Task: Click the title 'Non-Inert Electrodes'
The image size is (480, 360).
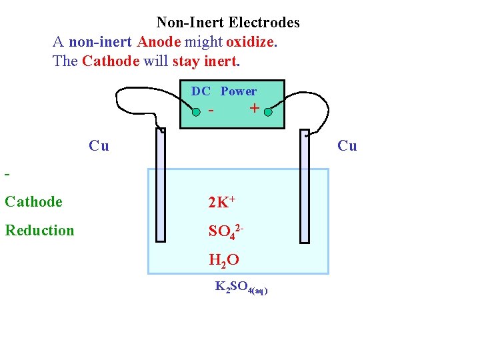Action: coord(228,23)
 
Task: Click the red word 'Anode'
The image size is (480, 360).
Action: coord(159,42)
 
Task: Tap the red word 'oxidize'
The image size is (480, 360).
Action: coord(250,42)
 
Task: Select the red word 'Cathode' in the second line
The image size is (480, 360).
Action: coord(110,61)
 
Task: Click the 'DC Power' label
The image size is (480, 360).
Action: coord(224,91)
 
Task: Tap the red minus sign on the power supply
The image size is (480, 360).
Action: coord(211,110)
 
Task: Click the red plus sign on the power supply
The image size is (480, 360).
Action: coord(253,109)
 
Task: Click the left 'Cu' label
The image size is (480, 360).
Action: coord(99,145)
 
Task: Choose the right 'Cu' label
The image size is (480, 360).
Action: coord(347,145)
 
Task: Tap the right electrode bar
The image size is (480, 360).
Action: coord(305,186)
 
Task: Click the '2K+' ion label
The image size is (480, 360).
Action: coord(222,202)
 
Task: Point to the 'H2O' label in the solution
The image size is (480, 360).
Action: coord(223,261)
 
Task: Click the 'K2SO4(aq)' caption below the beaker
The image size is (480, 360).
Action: coord(241,287)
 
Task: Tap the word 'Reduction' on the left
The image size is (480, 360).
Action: coord(39,231)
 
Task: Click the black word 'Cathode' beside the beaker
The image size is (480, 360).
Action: coord(33,201)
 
